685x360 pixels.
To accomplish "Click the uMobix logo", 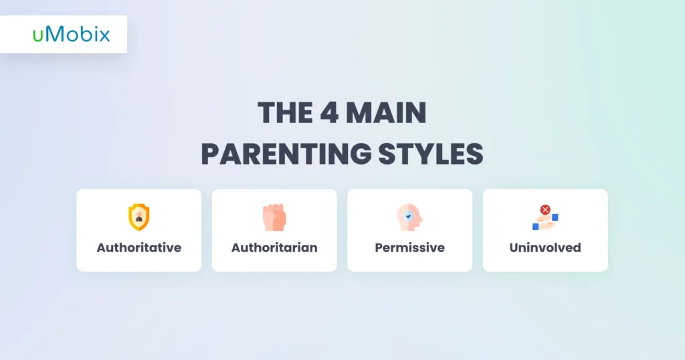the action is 71,34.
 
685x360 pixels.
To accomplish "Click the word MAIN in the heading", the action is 386,112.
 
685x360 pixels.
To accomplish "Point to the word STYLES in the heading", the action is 431,154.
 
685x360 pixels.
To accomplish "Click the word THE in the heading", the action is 285,112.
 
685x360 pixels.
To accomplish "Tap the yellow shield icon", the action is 139,217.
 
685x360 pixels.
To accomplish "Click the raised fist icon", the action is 274,217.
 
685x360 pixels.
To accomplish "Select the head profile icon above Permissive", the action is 409,217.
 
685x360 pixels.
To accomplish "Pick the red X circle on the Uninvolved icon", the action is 545,209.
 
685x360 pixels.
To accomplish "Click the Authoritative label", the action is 139,248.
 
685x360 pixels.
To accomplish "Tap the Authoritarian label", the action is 274,248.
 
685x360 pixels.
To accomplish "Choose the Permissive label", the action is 410,248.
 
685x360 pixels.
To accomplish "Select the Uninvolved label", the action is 545,248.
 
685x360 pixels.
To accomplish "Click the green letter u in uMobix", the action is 38,36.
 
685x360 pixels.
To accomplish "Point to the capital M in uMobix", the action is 55,34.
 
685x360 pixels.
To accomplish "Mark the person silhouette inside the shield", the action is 139,217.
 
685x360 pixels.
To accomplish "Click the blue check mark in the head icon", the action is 409,216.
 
